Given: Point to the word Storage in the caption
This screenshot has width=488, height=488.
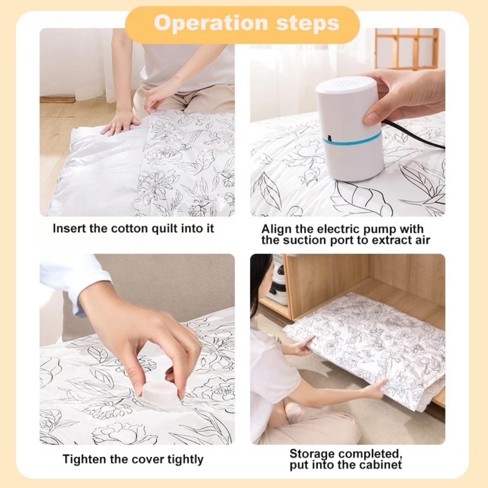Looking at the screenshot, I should click(x=313, y=454).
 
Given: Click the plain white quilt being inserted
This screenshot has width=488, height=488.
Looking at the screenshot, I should click(x=90, y=176).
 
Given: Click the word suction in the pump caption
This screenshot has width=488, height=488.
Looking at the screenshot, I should click(x=305, y=240).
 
